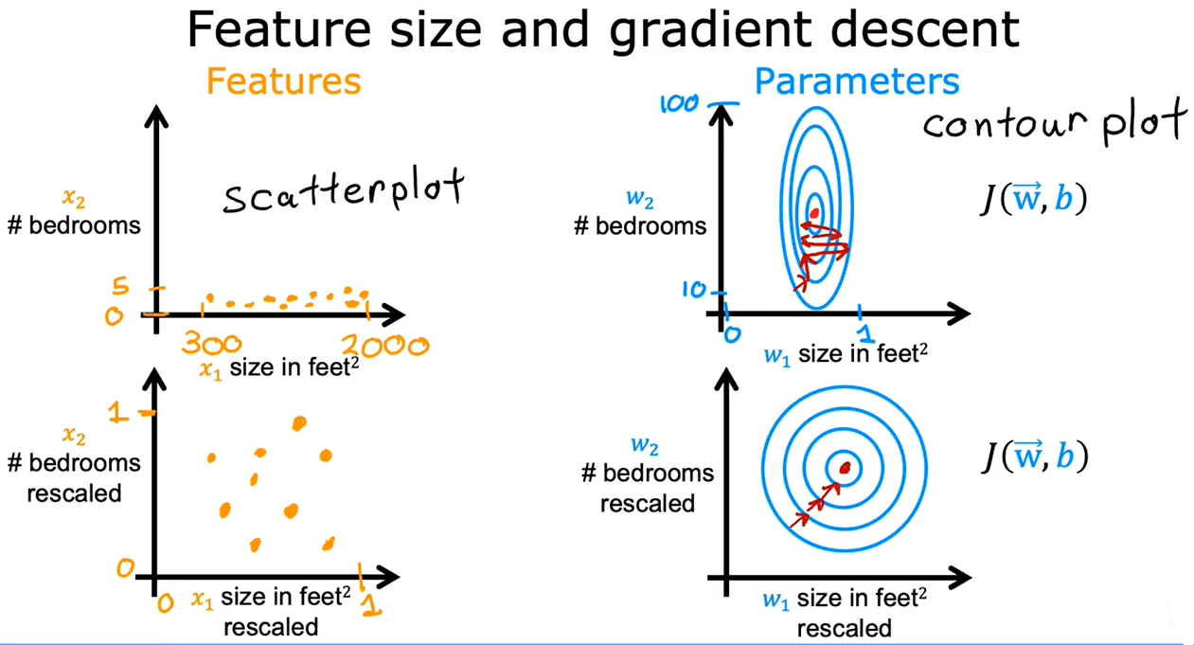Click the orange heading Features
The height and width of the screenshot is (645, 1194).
point(283,81)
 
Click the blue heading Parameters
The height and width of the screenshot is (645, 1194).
point(857,81)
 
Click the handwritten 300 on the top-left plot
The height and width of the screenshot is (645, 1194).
point(211,344)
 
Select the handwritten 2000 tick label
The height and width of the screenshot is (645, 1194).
point(384,346)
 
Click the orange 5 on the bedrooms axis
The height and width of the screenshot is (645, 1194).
point(121,286)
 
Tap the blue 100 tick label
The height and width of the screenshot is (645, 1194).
point(679,103)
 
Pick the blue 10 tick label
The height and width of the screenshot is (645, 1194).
point(693,290)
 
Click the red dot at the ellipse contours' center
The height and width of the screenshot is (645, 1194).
point(814,214)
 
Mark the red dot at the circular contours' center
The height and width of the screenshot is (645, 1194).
point(845,469)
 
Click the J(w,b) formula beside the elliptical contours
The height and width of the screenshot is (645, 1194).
point(1034,198)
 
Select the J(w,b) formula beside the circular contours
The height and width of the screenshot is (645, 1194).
point(1035,457)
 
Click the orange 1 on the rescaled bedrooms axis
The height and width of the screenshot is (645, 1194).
point(118,412)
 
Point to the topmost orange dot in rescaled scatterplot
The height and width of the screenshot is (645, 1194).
point(299,423)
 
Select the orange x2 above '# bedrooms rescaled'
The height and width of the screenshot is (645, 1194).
point(74,436)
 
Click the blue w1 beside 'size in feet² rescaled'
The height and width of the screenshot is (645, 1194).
point(775,600)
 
